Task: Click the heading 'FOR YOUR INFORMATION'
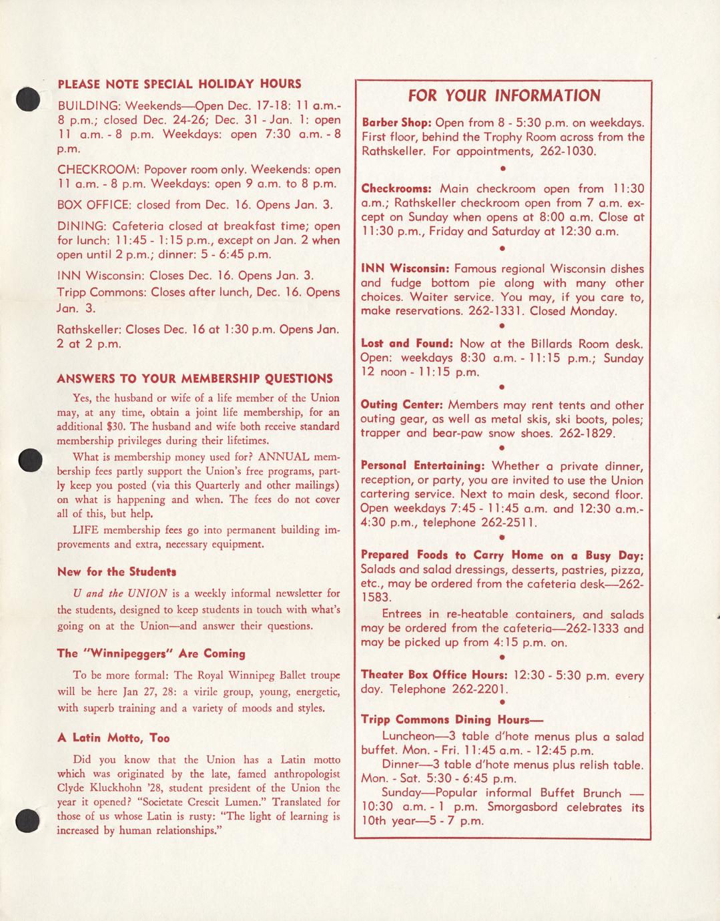(x=504, y=95)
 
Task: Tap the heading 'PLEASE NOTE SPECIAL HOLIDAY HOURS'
(x=179, y=84)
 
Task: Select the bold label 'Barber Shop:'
(x=396, y=123)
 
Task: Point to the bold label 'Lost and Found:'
(x=406, y=344)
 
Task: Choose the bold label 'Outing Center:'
(x=402, y=405)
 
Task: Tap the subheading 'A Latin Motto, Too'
(x=113, y=738)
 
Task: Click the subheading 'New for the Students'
(x=117, y=572)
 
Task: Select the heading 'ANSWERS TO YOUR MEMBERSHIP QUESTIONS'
(x=195, y=379)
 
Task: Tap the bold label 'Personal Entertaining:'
(x=422, y=466)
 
